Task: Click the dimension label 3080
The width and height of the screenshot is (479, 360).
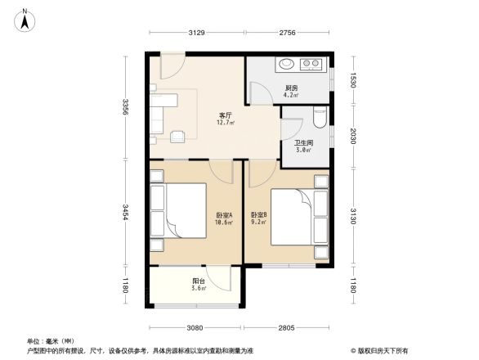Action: click(194, 327)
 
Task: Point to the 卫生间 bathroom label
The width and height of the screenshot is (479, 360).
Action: click(303, 146)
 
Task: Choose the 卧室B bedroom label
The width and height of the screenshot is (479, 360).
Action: click(259, 217)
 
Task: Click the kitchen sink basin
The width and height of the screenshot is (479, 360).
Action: click(288, 62)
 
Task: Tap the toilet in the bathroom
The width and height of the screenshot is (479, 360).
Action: click(320, 119)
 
